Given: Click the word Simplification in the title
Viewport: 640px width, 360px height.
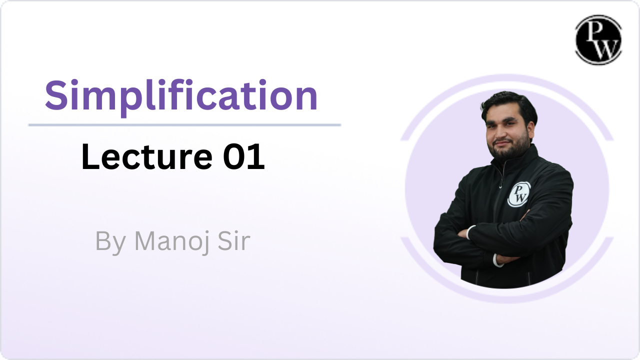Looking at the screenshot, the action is click(181, 96).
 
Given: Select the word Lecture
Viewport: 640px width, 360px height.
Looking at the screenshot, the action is click(147, 156).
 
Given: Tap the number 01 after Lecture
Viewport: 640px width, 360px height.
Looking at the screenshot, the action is click(243, 156).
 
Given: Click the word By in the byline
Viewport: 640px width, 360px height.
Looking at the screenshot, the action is click(110, 242).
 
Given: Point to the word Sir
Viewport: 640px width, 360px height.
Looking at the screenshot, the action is click(234, 241).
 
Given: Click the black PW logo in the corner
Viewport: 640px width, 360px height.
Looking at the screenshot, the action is click(598, 39).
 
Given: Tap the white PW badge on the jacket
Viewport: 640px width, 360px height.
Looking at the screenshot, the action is click(519, 194).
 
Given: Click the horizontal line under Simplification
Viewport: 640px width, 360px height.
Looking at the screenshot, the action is click(184, 125).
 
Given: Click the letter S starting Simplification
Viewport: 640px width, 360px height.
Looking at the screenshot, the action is click(56, 95).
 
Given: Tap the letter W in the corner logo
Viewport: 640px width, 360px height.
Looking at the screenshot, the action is click(605, 48).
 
